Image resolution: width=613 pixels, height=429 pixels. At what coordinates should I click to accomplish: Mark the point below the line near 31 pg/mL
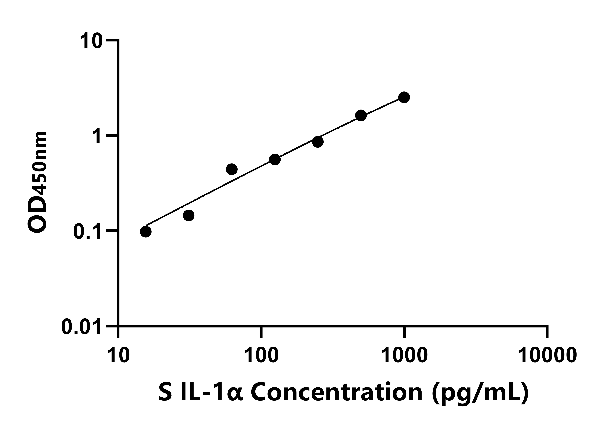[188, 215]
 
